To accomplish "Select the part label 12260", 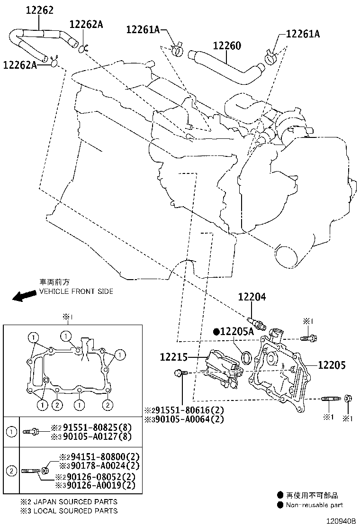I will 227,46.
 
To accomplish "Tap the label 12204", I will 252,297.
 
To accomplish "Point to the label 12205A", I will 237,332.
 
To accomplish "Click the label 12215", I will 173,357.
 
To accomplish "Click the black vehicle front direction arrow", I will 24,296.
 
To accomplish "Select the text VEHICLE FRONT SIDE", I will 76,291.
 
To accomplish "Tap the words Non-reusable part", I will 314,505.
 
